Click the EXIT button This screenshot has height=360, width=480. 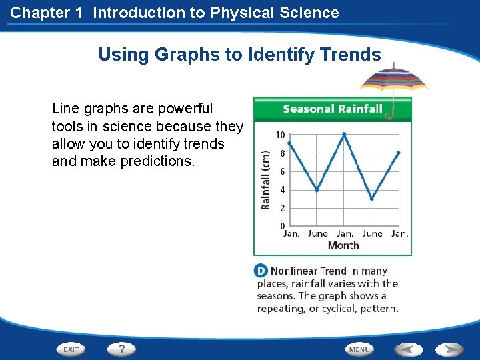71,349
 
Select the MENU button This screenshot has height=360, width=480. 359,349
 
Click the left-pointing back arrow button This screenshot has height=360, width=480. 409,349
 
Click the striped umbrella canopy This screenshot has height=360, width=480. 393,79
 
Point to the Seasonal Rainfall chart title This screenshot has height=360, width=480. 332,109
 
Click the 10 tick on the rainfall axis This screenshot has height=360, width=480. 280,135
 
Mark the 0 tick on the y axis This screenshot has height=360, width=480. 282,226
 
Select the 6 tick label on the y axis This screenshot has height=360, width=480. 282,171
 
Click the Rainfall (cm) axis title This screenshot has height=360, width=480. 265,179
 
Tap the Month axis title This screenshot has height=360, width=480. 343,245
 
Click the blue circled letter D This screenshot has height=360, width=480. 261,271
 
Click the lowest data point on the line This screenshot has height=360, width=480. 372,198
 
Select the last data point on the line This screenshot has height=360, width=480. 399,153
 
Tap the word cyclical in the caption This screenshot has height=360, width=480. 334,308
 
